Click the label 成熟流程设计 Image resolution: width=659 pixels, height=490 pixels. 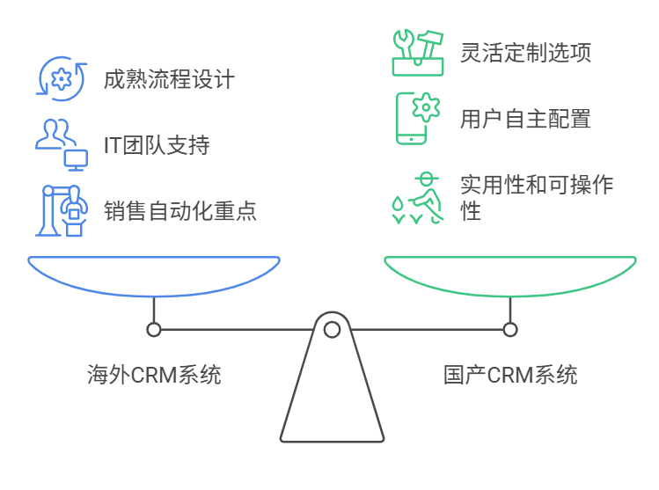tap(169, 79)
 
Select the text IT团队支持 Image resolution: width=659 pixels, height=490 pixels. tap(157, 144)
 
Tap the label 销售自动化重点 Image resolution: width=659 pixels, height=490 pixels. tap(179, 210)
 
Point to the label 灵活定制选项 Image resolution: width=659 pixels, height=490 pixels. tap(525, 52)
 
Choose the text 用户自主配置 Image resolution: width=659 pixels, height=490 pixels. tap(525, 118)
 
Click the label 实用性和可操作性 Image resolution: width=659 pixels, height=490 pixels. tap(537, 197)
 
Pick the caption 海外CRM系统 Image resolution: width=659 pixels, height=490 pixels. tap(154, 376)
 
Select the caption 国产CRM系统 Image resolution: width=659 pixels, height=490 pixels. tap(510, 376)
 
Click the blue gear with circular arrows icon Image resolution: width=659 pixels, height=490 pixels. tap(61, 79)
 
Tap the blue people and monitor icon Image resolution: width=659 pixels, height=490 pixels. tap(61, 143)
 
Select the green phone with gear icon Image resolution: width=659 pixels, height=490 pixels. tap(417, 118)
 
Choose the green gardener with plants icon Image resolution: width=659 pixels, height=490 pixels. tap(417, 196)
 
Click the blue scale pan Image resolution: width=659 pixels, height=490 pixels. tap(154, 276)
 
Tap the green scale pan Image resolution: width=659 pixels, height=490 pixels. tap(510, 276)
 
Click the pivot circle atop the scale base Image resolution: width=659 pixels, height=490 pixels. tap(332, 330)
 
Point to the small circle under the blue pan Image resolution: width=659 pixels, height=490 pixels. tap(154, 330)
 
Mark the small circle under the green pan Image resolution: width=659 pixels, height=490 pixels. tap(510, 330)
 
